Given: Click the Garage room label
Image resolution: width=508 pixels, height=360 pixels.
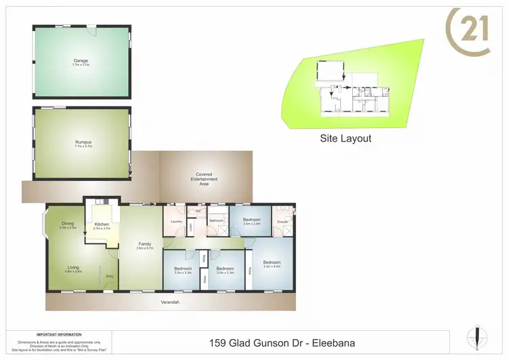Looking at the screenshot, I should (x=81, y=61).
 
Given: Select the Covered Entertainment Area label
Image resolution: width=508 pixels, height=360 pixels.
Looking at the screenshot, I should (x=204, y=178).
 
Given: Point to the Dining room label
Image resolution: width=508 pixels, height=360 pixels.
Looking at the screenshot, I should (x=67, y=224).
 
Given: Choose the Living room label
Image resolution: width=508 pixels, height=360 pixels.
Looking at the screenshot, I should (x=73, y=268).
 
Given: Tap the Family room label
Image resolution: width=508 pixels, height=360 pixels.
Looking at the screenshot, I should (x=145, y=244).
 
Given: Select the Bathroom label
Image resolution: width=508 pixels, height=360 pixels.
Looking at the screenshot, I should (x=216, y=221).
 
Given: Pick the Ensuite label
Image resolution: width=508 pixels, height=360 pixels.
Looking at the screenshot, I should (x=282, y=221).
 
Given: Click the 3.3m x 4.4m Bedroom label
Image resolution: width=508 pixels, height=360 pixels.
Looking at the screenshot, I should (x=272, y=263).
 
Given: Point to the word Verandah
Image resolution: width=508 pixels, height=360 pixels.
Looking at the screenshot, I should (x=170, y=302).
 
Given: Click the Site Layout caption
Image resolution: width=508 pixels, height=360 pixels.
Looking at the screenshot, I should (x=345, y=138).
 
